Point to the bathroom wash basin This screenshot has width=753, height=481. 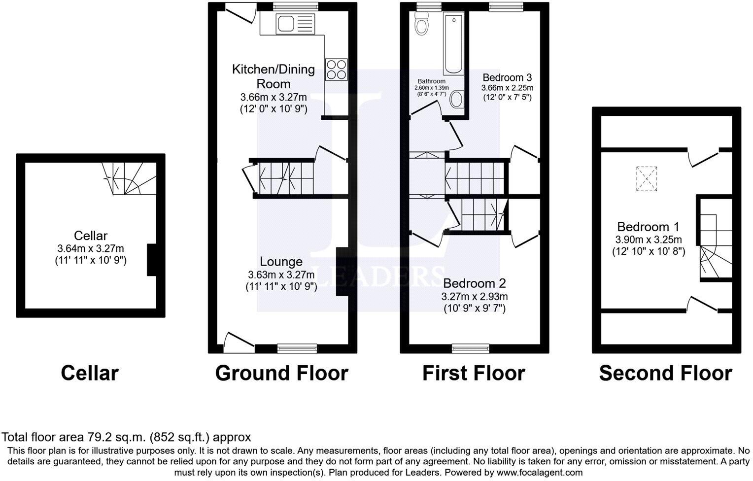[456, 100]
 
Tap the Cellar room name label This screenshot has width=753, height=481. [91, 236]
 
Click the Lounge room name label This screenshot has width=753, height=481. [281, 262]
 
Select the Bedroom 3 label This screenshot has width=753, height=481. [507, 77]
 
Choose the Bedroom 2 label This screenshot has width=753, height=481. [474, 283]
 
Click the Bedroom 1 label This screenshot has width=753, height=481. [648, 227]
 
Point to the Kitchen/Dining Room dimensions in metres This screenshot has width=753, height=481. [273, 97]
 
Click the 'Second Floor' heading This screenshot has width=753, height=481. [665, 373]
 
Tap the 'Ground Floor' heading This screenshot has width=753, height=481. [281, 373]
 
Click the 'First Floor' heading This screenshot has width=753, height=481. [474, 373]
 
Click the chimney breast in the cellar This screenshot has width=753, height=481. [152, 259]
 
